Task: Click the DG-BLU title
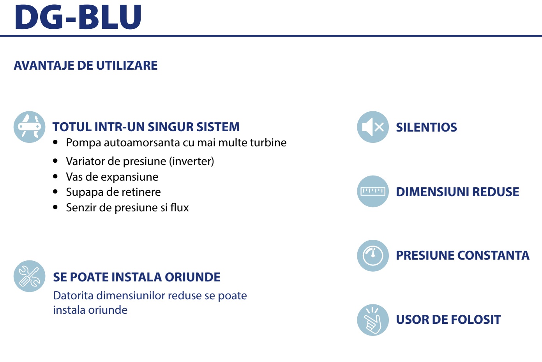[x=78, y=17]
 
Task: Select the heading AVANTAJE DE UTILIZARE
[x=86, y=65]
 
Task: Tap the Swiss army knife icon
[x=30, y=127]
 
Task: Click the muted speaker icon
[x=373, y=127]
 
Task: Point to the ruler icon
[x=373, y=192]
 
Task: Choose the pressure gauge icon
[x=373, y=256]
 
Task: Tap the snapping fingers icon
[x=373, y=320]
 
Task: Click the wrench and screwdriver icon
[x=30, y=276]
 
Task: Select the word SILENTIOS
[x=426, y=127]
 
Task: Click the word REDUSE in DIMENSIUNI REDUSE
[x=496, y=192]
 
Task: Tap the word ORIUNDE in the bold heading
[x=192, y=277]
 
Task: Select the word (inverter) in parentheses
[x=192, y=162]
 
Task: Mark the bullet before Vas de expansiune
[x=55, y=176]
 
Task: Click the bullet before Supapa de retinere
[x=55, y=192]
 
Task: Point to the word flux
[x=179, y=207]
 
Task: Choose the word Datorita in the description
[x=73, y=296]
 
